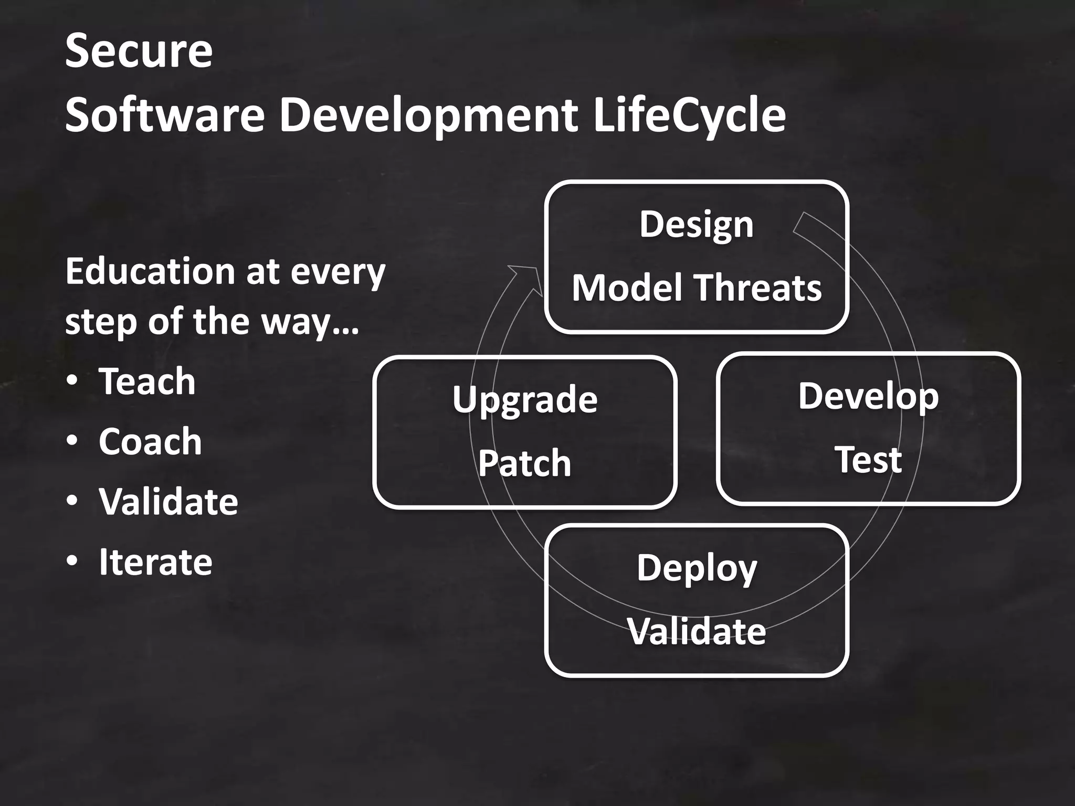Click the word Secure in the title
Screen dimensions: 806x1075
click(x=139, y=51)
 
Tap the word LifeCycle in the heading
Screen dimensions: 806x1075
click(x=689, y=115)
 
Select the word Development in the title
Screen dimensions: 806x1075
click(x=428, y=115)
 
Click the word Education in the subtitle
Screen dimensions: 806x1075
click(x=150, y=272)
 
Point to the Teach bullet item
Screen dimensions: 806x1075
click(x=147, y=381)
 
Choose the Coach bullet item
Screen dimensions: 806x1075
click(x=150, y=441)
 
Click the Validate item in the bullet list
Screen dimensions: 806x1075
click(x=168, y=502)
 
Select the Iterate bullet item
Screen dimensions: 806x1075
click(x=155, y=562)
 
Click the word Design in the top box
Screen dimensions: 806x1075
click(x=696, y=225)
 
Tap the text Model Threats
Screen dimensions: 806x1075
click(x=696, y=288)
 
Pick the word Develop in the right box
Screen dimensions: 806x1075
click(x=868, y=396)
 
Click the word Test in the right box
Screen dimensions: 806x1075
click(x=868, y=460)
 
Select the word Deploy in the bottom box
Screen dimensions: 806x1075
click(x=697, y=568)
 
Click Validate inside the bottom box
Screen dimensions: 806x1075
click(x=697, y=631)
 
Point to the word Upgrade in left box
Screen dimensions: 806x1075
click(x=524, y=400)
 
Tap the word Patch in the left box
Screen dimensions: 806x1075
click(x=524, y=463)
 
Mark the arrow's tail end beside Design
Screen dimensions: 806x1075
click(x=803, y=223)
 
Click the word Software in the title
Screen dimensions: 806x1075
click(x=165, y=115)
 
